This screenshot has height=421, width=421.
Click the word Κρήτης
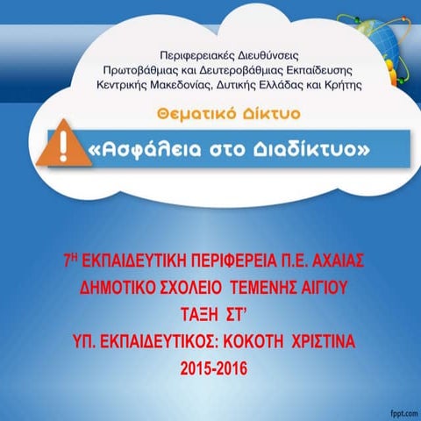pyautogui.click(x=342, y=85)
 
